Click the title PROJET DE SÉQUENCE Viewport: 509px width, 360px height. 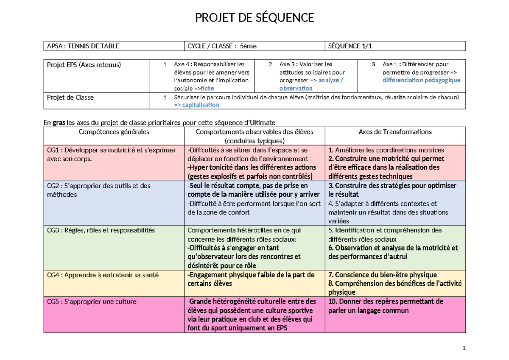(x=254, y=18)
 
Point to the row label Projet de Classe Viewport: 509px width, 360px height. (x=70, y=98)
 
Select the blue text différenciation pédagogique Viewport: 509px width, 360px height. (x=421, y=80)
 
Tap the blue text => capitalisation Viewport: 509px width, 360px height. (x=196, y=105)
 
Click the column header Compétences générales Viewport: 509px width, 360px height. (x=114, y=132)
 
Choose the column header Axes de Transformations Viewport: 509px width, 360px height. (x=395, y=132)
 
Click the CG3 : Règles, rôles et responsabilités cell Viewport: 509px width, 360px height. (x=101, y=230)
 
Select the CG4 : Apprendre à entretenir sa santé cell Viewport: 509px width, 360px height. (x=102, y=275)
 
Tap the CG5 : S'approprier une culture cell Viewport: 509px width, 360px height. (x=92, y=301)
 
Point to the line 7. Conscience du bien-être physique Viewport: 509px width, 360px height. (x=383, y=275)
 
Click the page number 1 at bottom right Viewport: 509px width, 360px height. (x=464, y=349)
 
